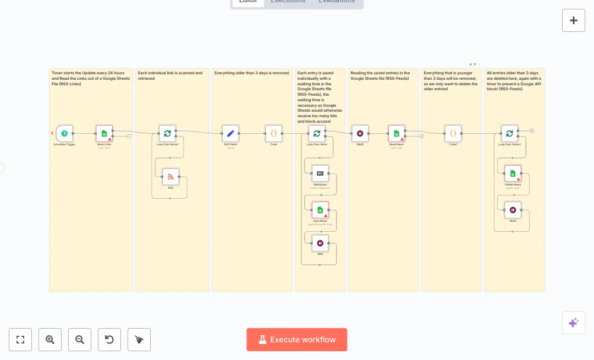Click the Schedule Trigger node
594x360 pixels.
(64, 133)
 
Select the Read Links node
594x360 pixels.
(104, 133)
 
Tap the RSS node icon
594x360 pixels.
(170, 177)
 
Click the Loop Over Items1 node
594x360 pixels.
(167, 133)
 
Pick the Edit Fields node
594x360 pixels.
(230, 133)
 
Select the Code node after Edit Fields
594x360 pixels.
(273, 133)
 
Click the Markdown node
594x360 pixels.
(320, 173)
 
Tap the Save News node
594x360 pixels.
(320, 210)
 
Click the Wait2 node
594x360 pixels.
(360, 133)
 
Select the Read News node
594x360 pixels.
(397, 133)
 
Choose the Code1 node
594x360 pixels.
(453, 133)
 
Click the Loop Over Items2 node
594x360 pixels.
(509, 133)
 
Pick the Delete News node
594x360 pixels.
(513, 173)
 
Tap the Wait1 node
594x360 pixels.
(513, 210)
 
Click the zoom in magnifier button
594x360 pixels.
(50, 340)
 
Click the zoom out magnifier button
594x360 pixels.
(80, 340)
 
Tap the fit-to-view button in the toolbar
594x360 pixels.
(20, 340)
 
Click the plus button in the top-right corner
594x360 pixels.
(574, 20)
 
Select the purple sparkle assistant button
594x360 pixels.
(573, 323)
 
